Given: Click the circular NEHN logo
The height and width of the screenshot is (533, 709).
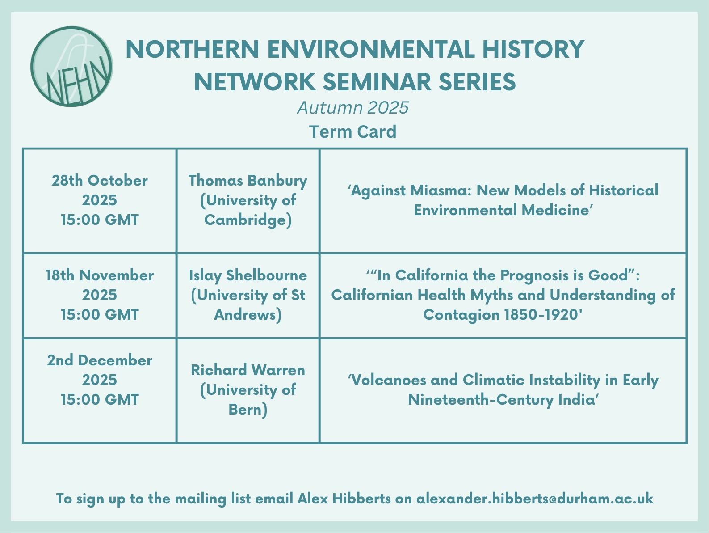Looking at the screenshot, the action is pyautogui.click(x=71, y=67).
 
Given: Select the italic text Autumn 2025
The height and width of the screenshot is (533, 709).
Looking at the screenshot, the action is pyautogui.click(x=353, y=108).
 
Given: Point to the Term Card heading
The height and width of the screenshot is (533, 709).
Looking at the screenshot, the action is pyautogui.click(x=353, y=131).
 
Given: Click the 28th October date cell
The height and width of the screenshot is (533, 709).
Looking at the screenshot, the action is pyautogui.click(x=100, y=200).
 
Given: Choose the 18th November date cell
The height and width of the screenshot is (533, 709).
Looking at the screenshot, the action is pyautogui.click(x=100, y=295).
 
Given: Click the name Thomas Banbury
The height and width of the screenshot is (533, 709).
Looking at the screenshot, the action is pyautogui.click(x=248, y=181).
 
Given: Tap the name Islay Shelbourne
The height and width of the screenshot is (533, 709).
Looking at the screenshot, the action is pyautogui.click(x=248, y=275).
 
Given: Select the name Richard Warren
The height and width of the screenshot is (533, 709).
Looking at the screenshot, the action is pyautogui.click(x=248, y=370).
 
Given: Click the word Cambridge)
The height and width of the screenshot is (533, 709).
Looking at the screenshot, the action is pyautogui.click(x=248, y=220).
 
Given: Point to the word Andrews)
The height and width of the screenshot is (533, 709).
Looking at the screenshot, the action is pyautogui.click(x=248, y=315).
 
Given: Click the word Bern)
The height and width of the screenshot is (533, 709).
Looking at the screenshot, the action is pyautogui.click(x=248, y=410).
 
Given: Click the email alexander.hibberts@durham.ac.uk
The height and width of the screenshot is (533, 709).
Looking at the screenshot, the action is pyautogui.click(x=535, y=499).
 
